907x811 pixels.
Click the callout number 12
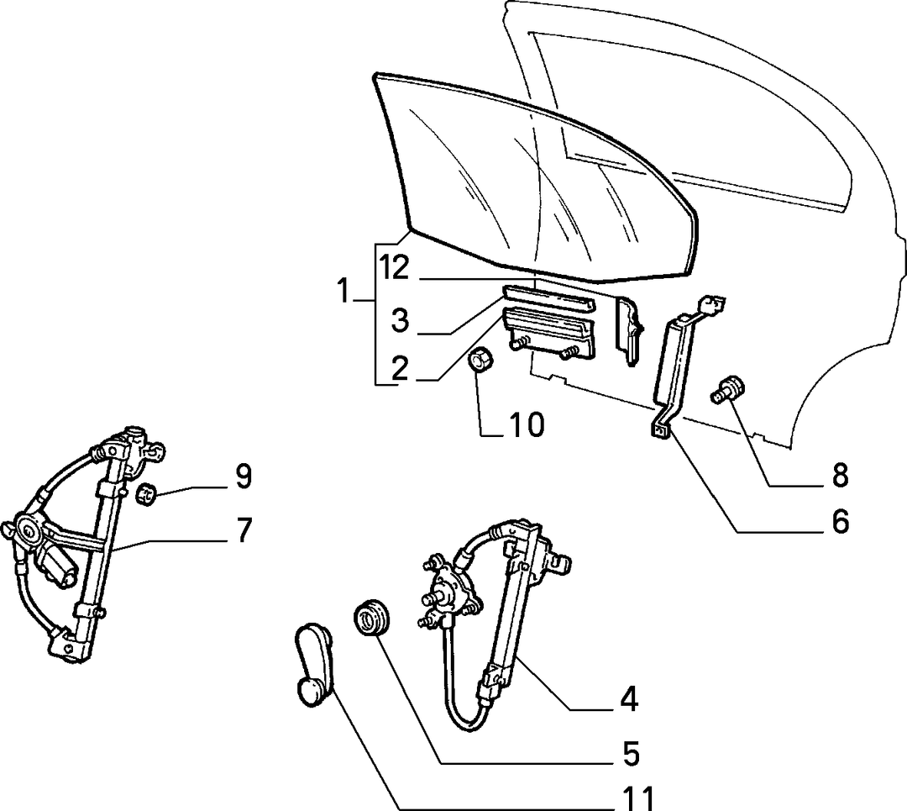pos(395,267)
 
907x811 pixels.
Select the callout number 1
pos(343,291)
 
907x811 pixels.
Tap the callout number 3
pos(401,320)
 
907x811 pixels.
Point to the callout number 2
pos(401,368)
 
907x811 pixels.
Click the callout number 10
pos(527,424)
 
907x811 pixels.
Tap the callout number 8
pos(839,475)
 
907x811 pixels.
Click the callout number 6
pos(839,521)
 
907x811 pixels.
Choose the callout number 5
pos(630,754)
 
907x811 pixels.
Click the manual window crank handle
pos(313,666)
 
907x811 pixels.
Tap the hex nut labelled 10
pos(480,361)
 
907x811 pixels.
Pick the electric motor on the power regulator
pos(55,566)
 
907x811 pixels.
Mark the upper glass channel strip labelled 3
pos(548,299)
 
